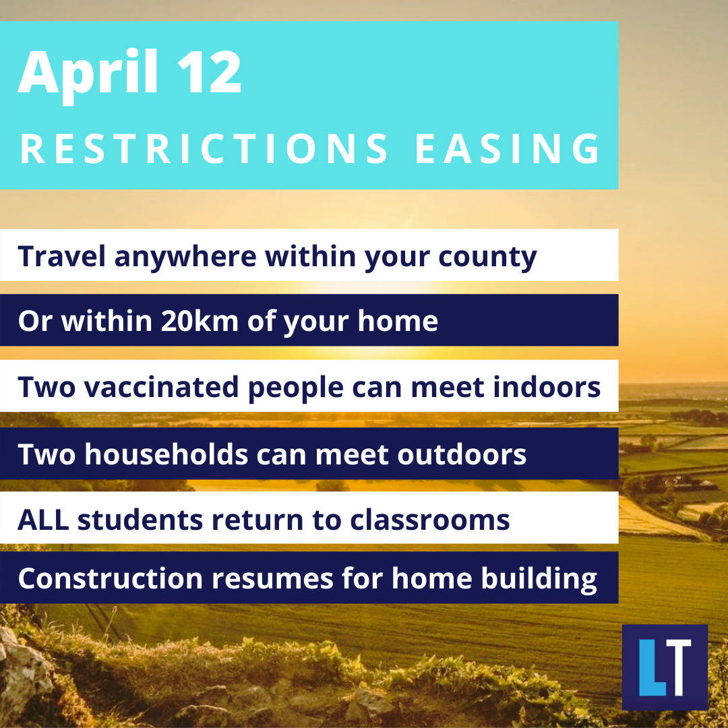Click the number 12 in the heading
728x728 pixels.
click(210, 72)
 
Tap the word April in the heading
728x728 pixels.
click(89, 75)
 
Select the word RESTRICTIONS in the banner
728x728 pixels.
click(204, 148)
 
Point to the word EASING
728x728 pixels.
click(508, 148)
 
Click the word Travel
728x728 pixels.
click(62, 256)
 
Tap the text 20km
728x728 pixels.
click(200, 321)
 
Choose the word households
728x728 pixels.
click(166, 454)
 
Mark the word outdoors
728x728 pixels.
click(462, 454)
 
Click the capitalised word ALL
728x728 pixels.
click(43, 520)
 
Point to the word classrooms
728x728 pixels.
click(429, 520)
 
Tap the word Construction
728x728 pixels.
click(111, 578)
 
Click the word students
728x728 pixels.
click(140, 520)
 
